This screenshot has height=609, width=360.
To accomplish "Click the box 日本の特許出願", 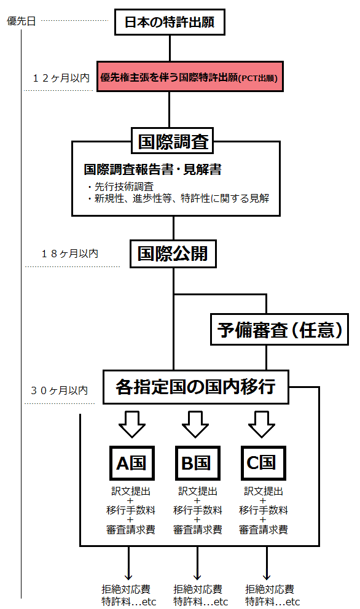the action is point(170,22).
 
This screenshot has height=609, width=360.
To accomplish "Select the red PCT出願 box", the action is point(190,77).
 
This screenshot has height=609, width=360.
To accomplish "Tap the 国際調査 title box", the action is point(172,141).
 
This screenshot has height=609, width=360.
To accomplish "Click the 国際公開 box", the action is point(173,254).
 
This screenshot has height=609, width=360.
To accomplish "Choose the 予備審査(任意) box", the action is point(279,329).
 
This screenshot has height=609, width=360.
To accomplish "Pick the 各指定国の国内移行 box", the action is point(195,387).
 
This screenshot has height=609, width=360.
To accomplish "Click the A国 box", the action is point(132,463).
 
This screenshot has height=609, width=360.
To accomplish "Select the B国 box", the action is point(197,463).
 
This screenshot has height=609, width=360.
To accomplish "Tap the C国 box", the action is point(263,463).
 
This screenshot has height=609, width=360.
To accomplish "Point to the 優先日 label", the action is point(22,21).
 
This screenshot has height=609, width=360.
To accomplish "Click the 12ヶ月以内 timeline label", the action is point(61,78).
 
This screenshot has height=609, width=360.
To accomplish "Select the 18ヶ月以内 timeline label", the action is point(69,254).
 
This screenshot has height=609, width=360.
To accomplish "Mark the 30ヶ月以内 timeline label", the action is point(59,390).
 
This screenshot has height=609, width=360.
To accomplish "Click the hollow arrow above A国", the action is point(132,424).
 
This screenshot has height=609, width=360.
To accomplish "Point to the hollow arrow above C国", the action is point(262,424).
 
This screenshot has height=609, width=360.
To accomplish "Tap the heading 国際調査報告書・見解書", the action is point(152,169).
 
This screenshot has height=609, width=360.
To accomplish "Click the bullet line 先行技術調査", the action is point(120,187).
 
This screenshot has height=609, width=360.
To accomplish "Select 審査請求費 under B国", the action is point(197,529).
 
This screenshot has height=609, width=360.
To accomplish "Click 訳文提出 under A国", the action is point(131,491).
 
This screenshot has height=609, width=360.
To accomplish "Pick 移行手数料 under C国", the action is point(263,510).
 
